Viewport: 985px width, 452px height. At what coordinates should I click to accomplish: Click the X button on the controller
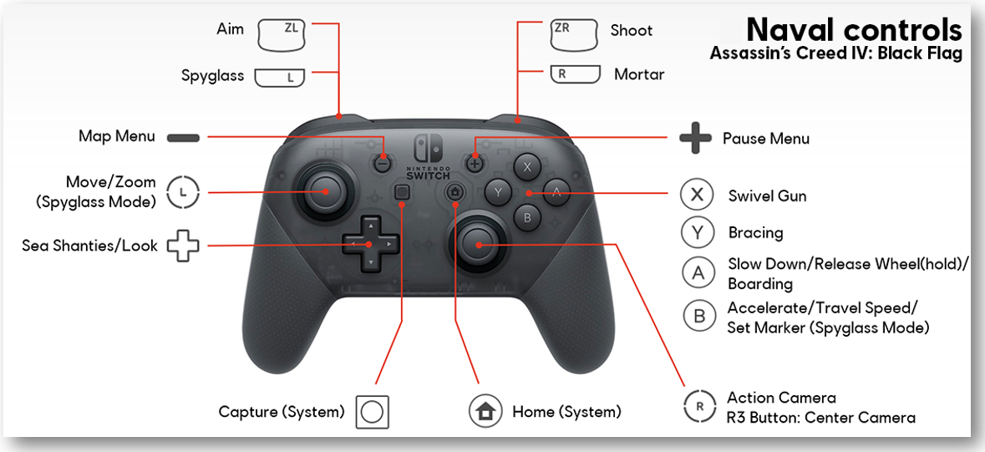(x=527, y=167)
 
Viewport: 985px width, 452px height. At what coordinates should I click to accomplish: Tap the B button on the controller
(x=527, y=217)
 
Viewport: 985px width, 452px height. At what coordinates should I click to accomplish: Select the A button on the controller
(x=556, y=192)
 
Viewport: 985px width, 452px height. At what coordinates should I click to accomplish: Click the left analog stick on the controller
(x=326, y=191)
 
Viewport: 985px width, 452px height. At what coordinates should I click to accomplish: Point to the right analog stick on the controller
(x=477, y=244)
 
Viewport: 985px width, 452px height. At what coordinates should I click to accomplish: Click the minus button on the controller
(x=382, y=163)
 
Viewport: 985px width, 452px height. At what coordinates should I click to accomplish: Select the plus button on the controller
(x=475, y=162)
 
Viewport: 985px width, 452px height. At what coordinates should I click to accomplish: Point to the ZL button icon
(x=282, y=34)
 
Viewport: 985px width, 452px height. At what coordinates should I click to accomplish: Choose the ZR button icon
(x=573, y=34)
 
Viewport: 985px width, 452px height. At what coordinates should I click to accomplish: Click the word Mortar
(x=639, y=75)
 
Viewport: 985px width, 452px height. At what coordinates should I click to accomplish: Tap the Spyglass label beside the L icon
(x=212, y=76)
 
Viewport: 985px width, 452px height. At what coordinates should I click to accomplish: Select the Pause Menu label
(x=766, y=139)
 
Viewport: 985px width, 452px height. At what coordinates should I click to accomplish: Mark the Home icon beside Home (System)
(x=485, y=412)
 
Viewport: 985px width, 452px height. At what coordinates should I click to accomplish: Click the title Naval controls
(x=854, y=29)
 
